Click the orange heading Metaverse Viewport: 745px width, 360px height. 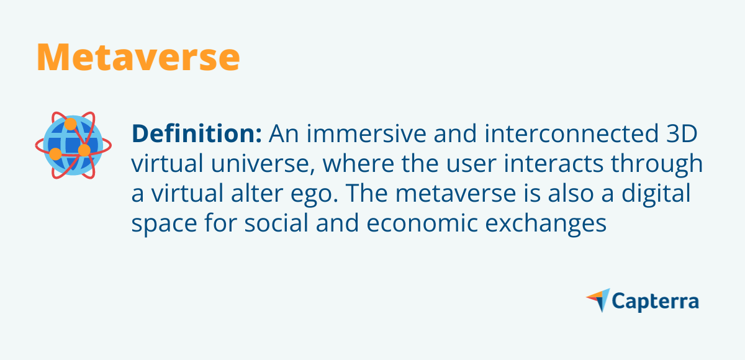[138, 56]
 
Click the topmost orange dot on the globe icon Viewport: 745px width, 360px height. [70, 124]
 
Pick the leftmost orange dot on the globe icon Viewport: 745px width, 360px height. [55, 153]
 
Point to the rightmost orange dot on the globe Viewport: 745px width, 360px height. [84, 150]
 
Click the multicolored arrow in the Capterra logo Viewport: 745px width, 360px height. [598, 300]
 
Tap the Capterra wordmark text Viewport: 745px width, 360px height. [656, 302]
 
